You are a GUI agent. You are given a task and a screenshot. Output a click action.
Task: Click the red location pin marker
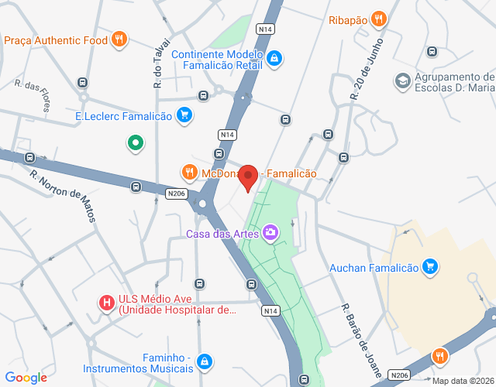tap(248, 178)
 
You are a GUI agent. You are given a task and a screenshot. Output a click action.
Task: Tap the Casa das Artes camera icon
tap(270, 231)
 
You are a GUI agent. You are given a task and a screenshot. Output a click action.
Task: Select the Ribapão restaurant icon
tap(378, 20)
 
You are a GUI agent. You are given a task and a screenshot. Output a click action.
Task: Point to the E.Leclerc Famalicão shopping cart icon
tap(184, 116)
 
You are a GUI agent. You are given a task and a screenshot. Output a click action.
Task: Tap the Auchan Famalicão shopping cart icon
tap(431, 268)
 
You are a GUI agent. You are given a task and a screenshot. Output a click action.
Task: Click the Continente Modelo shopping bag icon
tap(274, 58)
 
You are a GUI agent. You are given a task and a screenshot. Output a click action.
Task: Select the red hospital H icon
tap(107, 301)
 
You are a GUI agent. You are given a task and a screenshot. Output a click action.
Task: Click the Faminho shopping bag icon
tap(204, 361)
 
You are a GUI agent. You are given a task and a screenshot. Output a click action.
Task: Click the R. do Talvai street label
tap(157, 63)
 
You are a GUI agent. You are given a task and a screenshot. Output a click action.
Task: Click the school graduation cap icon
tap(402, 80)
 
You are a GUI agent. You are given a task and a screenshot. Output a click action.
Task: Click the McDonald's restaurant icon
tap(188, 172)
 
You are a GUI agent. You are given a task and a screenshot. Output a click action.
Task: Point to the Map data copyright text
tap(463, 381)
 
